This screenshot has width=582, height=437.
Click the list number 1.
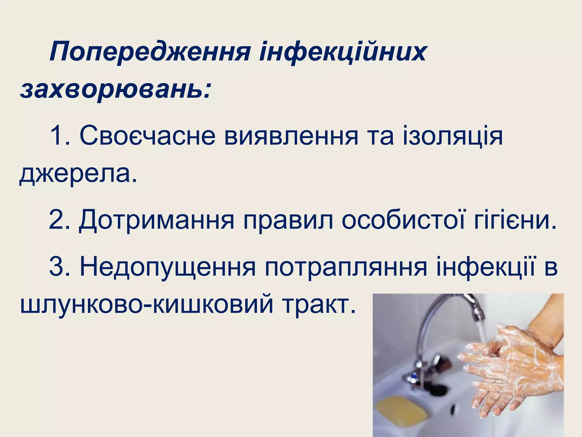click(x=58, y=136)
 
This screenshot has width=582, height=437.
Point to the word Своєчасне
click(x=147, y=136)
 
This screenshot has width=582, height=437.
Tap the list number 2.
click(x=58, y=219)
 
